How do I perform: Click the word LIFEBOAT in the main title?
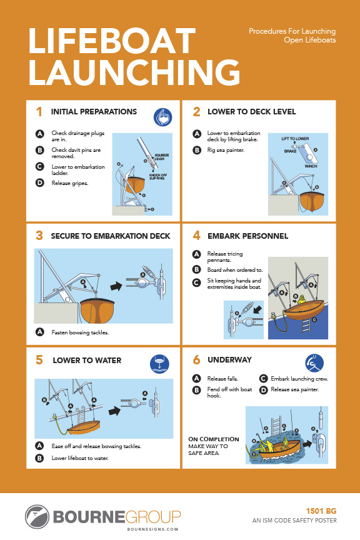[x=112, y=41]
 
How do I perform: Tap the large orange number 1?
[x=39, y=112]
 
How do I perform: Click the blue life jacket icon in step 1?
[x=163, y=117]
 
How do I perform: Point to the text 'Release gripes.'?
[x=69, y=183]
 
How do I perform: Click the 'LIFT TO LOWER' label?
[x=295, y=137]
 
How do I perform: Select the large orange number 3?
[x=39, y=236]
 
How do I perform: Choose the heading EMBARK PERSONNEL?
[x=247, y=236]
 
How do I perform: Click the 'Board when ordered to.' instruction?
[x=235, y=269]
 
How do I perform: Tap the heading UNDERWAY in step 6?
[x=229, y=360]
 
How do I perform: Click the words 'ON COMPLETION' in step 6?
[x=214, y=439]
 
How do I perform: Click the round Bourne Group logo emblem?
[x=37, y=517]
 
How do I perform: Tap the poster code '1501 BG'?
[x=323, y=511]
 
